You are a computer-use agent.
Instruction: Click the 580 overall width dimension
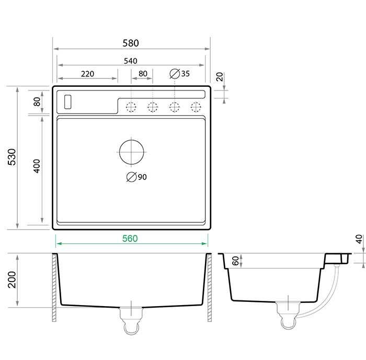point(131,43)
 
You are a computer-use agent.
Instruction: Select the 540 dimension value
point(131,61)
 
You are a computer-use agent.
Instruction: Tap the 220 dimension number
point(87,74)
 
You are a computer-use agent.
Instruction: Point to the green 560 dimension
point(130,238)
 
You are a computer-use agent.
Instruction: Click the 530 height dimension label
point(12,157)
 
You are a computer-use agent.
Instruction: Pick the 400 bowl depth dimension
point(37,166)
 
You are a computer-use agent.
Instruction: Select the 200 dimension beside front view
point(12,279)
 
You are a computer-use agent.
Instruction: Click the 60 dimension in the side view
point(235,261)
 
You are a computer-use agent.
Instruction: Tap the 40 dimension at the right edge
point(359,239)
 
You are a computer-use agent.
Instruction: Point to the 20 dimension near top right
point(220,76)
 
